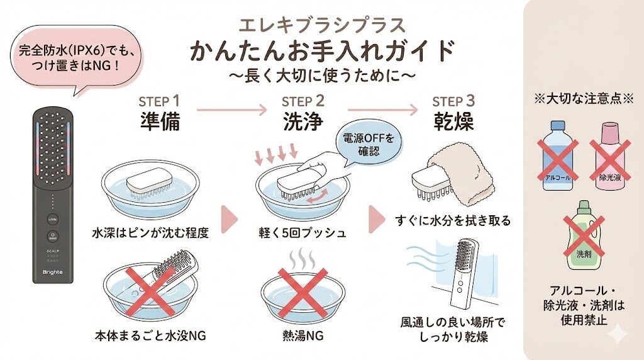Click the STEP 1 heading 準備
pos(159,121)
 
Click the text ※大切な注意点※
pos(583,99)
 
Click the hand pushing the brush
pos(314,166)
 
